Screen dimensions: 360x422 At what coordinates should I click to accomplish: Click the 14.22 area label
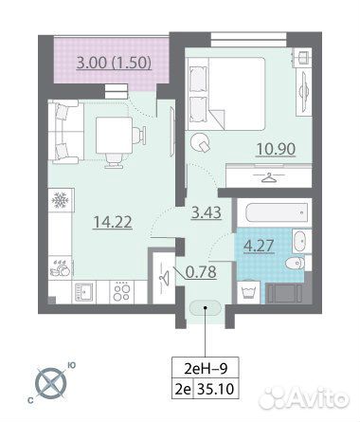click(x=113, y=222)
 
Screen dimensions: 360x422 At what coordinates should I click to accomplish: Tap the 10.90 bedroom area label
click(x=276, y=149)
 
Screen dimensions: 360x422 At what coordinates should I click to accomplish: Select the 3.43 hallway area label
click(x=207, y=212)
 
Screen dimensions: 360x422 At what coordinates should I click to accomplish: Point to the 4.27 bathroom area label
click(x=259, y=246)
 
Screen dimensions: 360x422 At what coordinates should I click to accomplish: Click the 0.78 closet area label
click(x=201, y=271)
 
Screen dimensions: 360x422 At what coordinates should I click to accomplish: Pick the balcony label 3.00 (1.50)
click(x=115, y=63)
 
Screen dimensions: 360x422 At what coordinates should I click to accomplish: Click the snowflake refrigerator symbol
click(x=60, y=199)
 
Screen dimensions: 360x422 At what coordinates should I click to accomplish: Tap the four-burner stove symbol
click(x=121, y=292)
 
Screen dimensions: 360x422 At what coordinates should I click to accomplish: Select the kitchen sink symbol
click(x=83, y=291)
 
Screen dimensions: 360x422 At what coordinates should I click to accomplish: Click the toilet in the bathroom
click(x=296, y=263)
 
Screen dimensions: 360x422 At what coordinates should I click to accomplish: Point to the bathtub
click(x=277, y=212)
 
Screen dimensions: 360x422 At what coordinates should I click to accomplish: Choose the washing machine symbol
click(x=248, y=290)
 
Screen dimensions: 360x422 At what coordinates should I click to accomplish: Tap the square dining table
click(x=114, y=135)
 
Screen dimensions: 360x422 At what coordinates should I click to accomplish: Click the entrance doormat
click(x=206, y=307)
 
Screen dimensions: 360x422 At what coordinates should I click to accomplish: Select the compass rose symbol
click(x=51, y=382)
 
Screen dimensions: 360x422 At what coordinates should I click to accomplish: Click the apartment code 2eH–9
click(x=206, y=369)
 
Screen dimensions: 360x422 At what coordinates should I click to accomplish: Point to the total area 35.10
click(x=216, y=389)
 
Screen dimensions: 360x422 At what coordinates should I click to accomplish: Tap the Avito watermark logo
click(x=304, y=397)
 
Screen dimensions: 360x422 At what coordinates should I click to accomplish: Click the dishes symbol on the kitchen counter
click(x=60, y=269)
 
